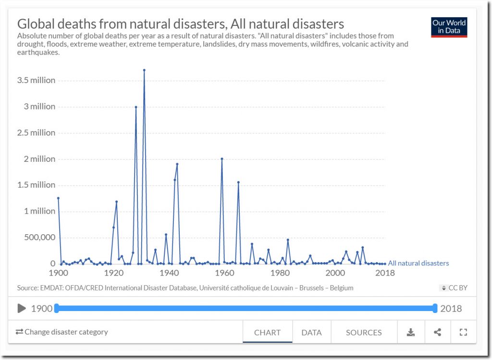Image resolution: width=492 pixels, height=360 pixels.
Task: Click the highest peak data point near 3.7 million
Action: pyautogui.click(x=144, y=70)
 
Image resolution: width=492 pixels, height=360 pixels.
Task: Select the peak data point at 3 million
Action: pyautogui.click(x=136, y=107)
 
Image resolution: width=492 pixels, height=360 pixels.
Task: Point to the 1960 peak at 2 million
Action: pyautogui.click(x=221, y=159)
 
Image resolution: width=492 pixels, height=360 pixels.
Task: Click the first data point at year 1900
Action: pyautogui.click(x=58, y=198)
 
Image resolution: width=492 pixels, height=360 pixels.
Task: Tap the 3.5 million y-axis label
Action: pyautogui.click(x=37, y=80)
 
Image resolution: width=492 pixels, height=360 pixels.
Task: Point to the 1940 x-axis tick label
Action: pyautogui.click(x=169, y=273)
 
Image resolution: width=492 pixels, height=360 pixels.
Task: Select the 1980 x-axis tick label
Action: pyautogui.click(x=279, y=273)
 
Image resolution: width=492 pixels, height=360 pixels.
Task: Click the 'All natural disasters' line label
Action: pyautogui.click(x=418, y=263)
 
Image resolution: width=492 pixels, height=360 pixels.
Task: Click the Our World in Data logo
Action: pyautogui.click(x=449, y=27)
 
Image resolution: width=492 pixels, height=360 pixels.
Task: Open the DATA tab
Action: pyautogui.click(x=311, y=332)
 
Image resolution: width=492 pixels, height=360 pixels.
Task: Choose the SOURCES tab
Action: pyautogui.click(x=364, y=332)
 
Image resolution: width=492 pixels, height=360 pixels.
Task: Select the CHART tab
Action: pyautogui.click(x=267, y=332)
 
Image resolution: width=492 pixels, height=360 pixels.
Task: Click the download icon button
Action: pyautogui.click(x=411, y=332)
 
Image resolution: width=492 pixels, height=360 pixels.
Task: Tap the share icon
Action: pyautogui.click(x=437, y=332)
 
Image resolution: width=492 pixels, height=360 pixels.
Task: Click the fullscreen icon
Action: pyautogui.click(x=463, y=332)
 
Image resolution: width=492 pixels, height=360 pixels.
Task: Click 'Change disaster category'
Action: pyautogui.click(x=61, y=332)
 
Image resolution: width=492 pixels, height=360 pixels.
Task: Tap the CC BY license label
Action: pyautogui.click(x=454, y=288)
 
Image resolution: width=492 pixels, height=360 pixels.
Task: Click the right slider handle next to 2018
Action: pyautogui.click(x=435, y=308)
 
